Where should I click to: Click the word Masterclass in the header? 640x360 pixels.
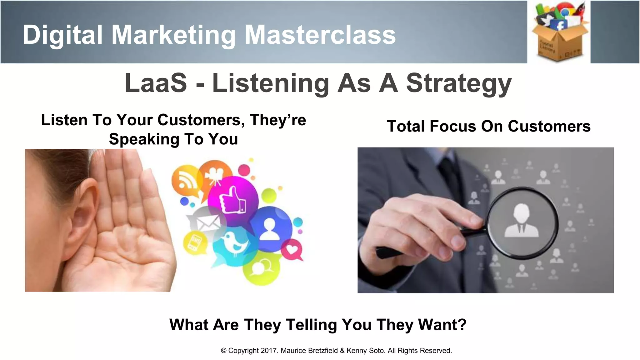[320, 35]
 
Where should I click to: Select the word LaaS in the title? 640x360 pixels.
[156, 83]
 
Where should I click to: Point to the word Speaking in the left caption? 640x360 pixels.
[144, 139]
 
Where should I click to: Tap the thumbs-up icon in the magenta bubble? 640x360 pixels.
[232, 200]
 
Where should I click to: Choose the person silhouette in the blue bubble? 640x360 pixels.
[269, 229]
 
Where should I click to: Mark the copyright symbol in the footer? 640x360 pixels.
[223, 351]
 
